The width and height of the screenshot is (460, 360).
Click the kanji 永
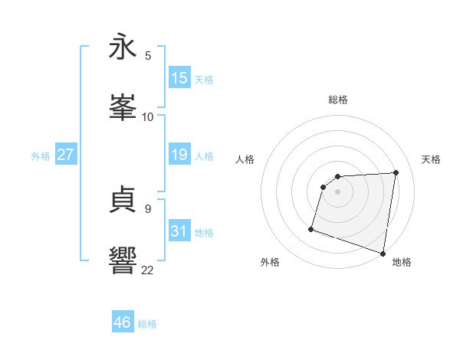tap(123, 47)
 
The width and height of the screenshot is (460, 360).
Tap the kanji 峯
tap(123, 107)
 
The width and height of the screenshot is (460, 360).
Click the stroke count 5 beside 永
tap(148, 56)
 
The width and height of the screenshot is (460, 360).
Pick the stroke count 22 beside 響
tap(148, 269)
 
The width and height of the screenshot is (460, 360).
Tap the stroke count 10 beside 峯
tap(148, 116)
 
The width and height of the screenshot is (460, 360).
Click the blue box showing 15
tap(179, 78)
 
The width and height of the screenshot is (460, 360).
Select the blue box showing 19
tap(179, 155)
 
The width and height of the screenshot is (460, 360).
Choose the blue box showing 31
tap(179, 231)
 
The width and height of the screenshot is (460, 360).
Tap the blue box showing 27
tap(65, 155)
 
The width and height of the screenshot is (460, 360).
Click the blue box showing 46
tap(123, 322)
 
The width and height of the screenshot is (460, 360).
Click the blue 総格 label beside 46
tap(148, 324)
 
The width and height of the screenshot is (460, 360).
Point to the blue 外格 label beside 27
tap(41, 156)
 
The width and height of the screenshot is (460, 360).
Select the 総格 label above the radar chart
tap(338, 100)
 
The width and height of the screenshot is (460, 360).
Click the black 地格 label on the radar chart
tap(402, 262)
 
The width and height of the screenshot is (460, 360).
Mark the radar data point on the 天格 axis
tap(396, 172)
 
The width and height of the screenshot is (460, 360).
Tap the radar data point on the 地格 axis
tap(383, 253)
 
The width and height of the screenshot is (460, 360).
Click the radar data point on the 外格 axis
tap(311, 229)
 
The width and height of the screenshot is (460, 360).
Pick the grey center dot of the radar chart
tap(338, 192)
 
